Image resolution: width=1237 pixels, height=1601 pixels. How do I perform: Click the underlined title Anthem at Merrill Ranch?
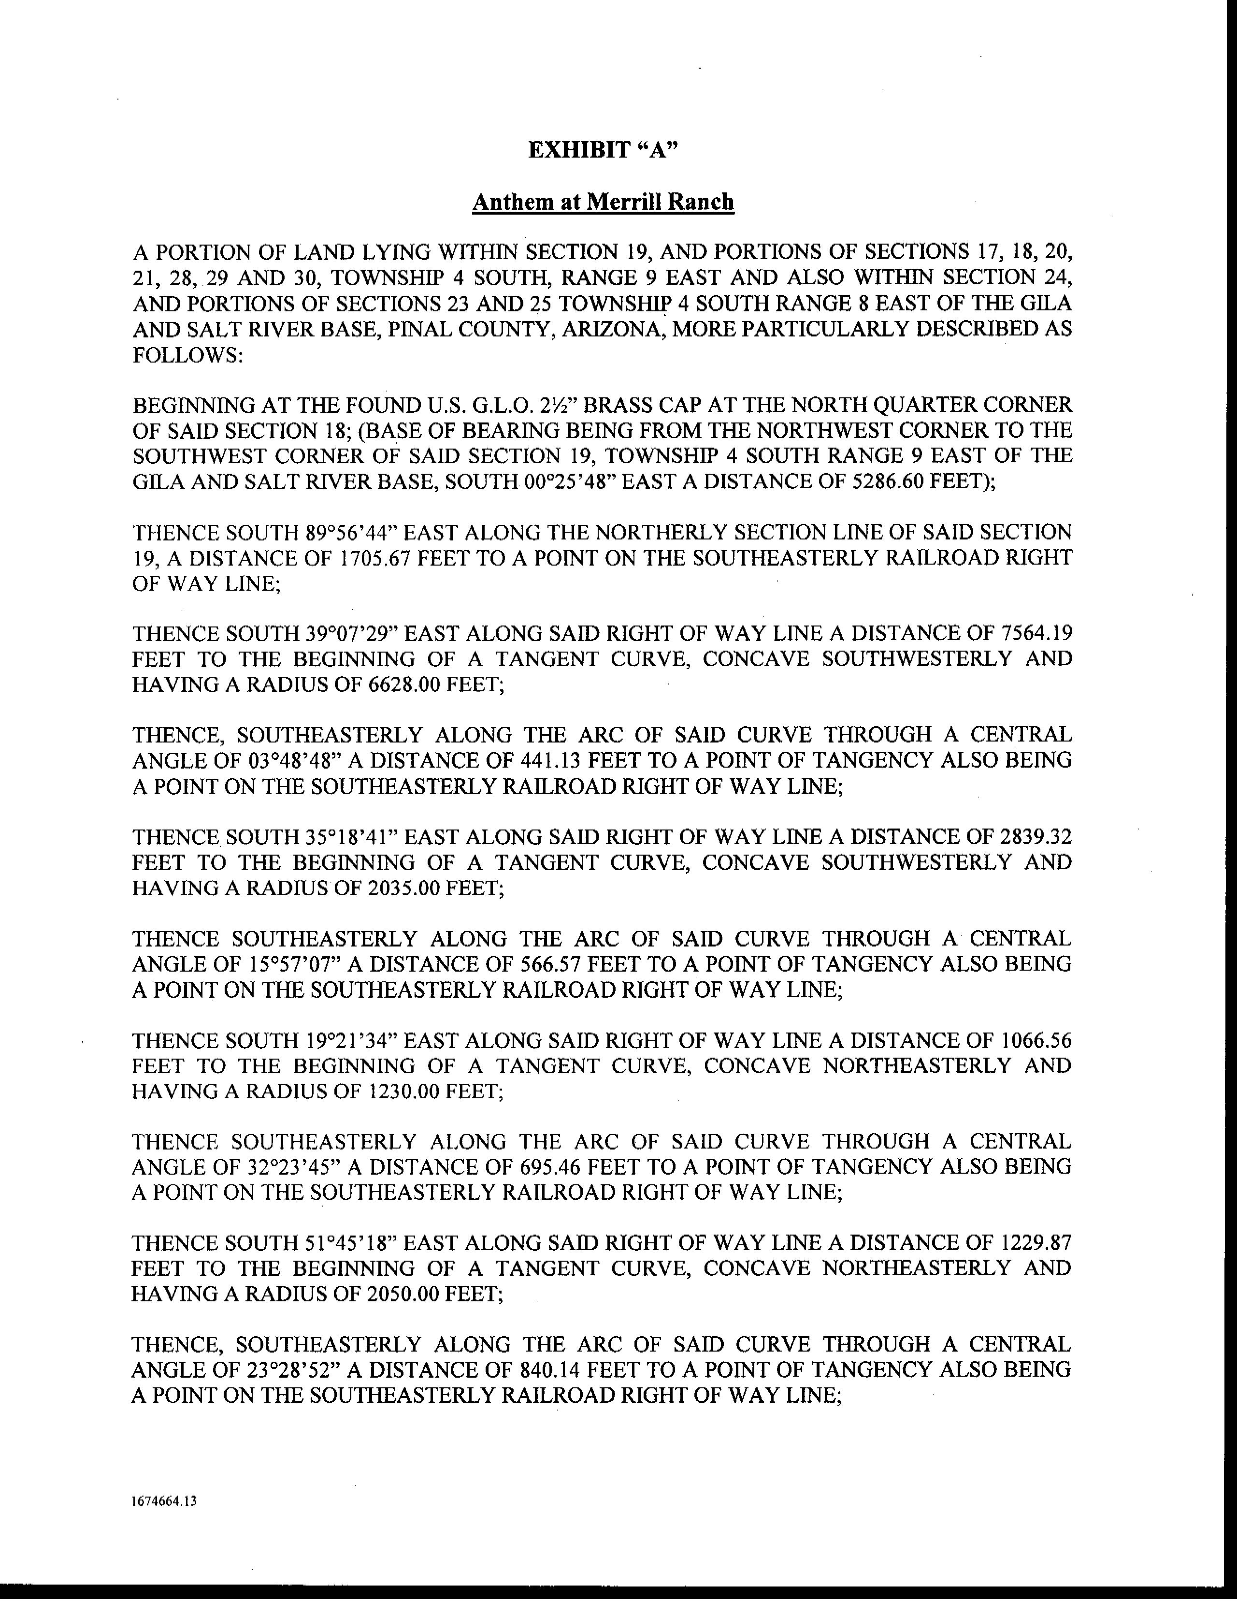(603, 203)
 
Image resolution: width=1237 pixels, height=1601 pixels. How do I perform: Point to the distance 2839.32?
(1035, 837)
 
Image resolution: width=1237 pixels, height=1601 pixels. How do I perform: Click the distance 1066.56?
(1035, 1041)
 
